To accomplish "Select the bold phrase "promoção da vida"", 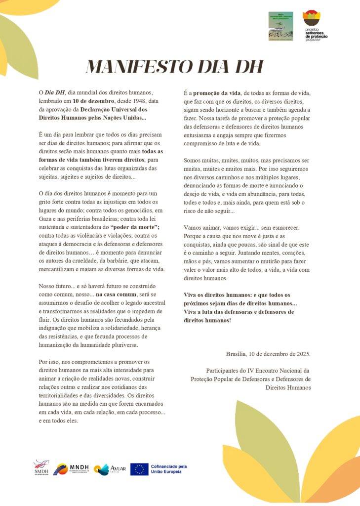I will (216, 92).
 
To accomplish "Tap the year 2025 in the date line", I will (302, 353).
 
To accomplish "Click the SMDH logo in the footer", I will (41, 468).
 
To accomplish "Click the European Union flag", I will (139, 469).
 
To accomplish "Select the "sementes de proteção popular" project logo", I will (315, 25).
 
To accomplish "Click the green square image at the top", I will (280, 26).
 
